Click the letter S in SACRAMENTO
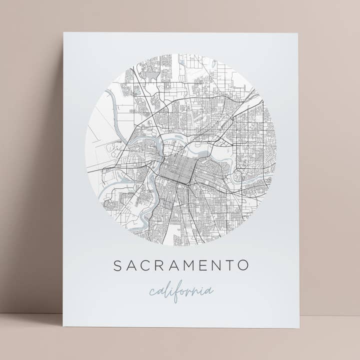coord(117,265)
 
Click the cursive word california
coord(181,292)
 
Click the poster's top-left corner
coord(63,33)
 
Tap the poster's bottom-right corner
coord(299,328)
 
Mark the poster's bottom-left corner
coord(63,326)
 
